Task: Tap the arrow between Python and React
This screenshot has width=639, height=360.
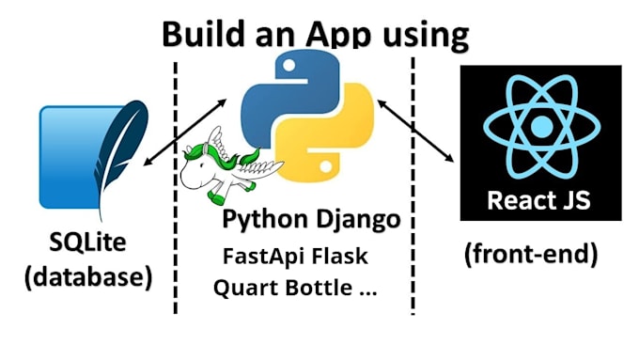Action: pos(416,128)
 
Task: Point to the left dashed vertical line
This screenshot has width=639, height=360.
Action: pos(176,188)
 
